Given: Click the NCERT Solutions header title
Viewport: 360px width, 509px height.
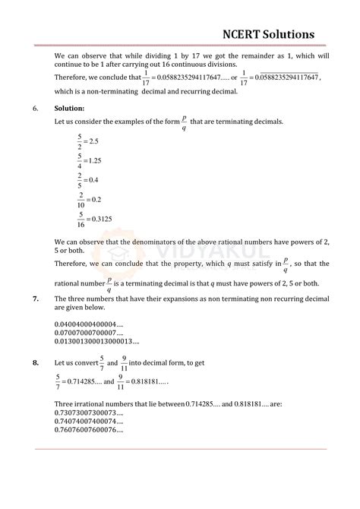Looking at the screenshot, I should click(268, 33).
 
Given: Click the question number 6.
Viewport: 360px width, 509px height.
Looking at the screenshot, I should click(36, 108).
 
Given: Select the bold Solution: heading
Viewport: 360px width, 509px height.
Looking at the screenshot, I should click(70, 108).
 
